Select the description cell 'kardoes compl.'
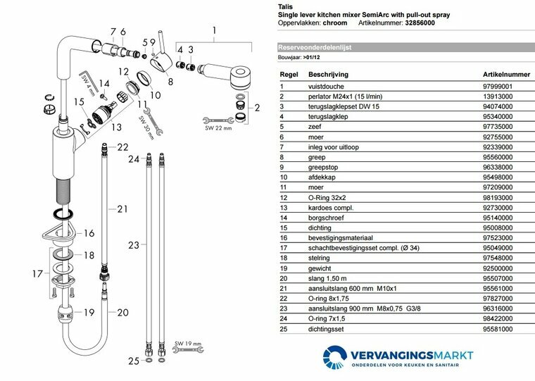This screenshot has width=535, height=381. coord(330,208)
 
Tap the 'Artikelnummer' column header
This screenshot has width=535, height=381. coord(505,73)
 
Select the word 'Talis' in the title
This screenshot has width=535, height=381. coord(286,5)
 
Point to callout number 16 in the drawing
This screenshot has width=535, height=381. coord(89,233)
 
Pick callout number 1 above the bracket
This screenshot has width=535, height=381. coord(215,30)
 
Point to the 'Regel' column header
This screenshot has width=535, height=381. coord(289,73)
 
